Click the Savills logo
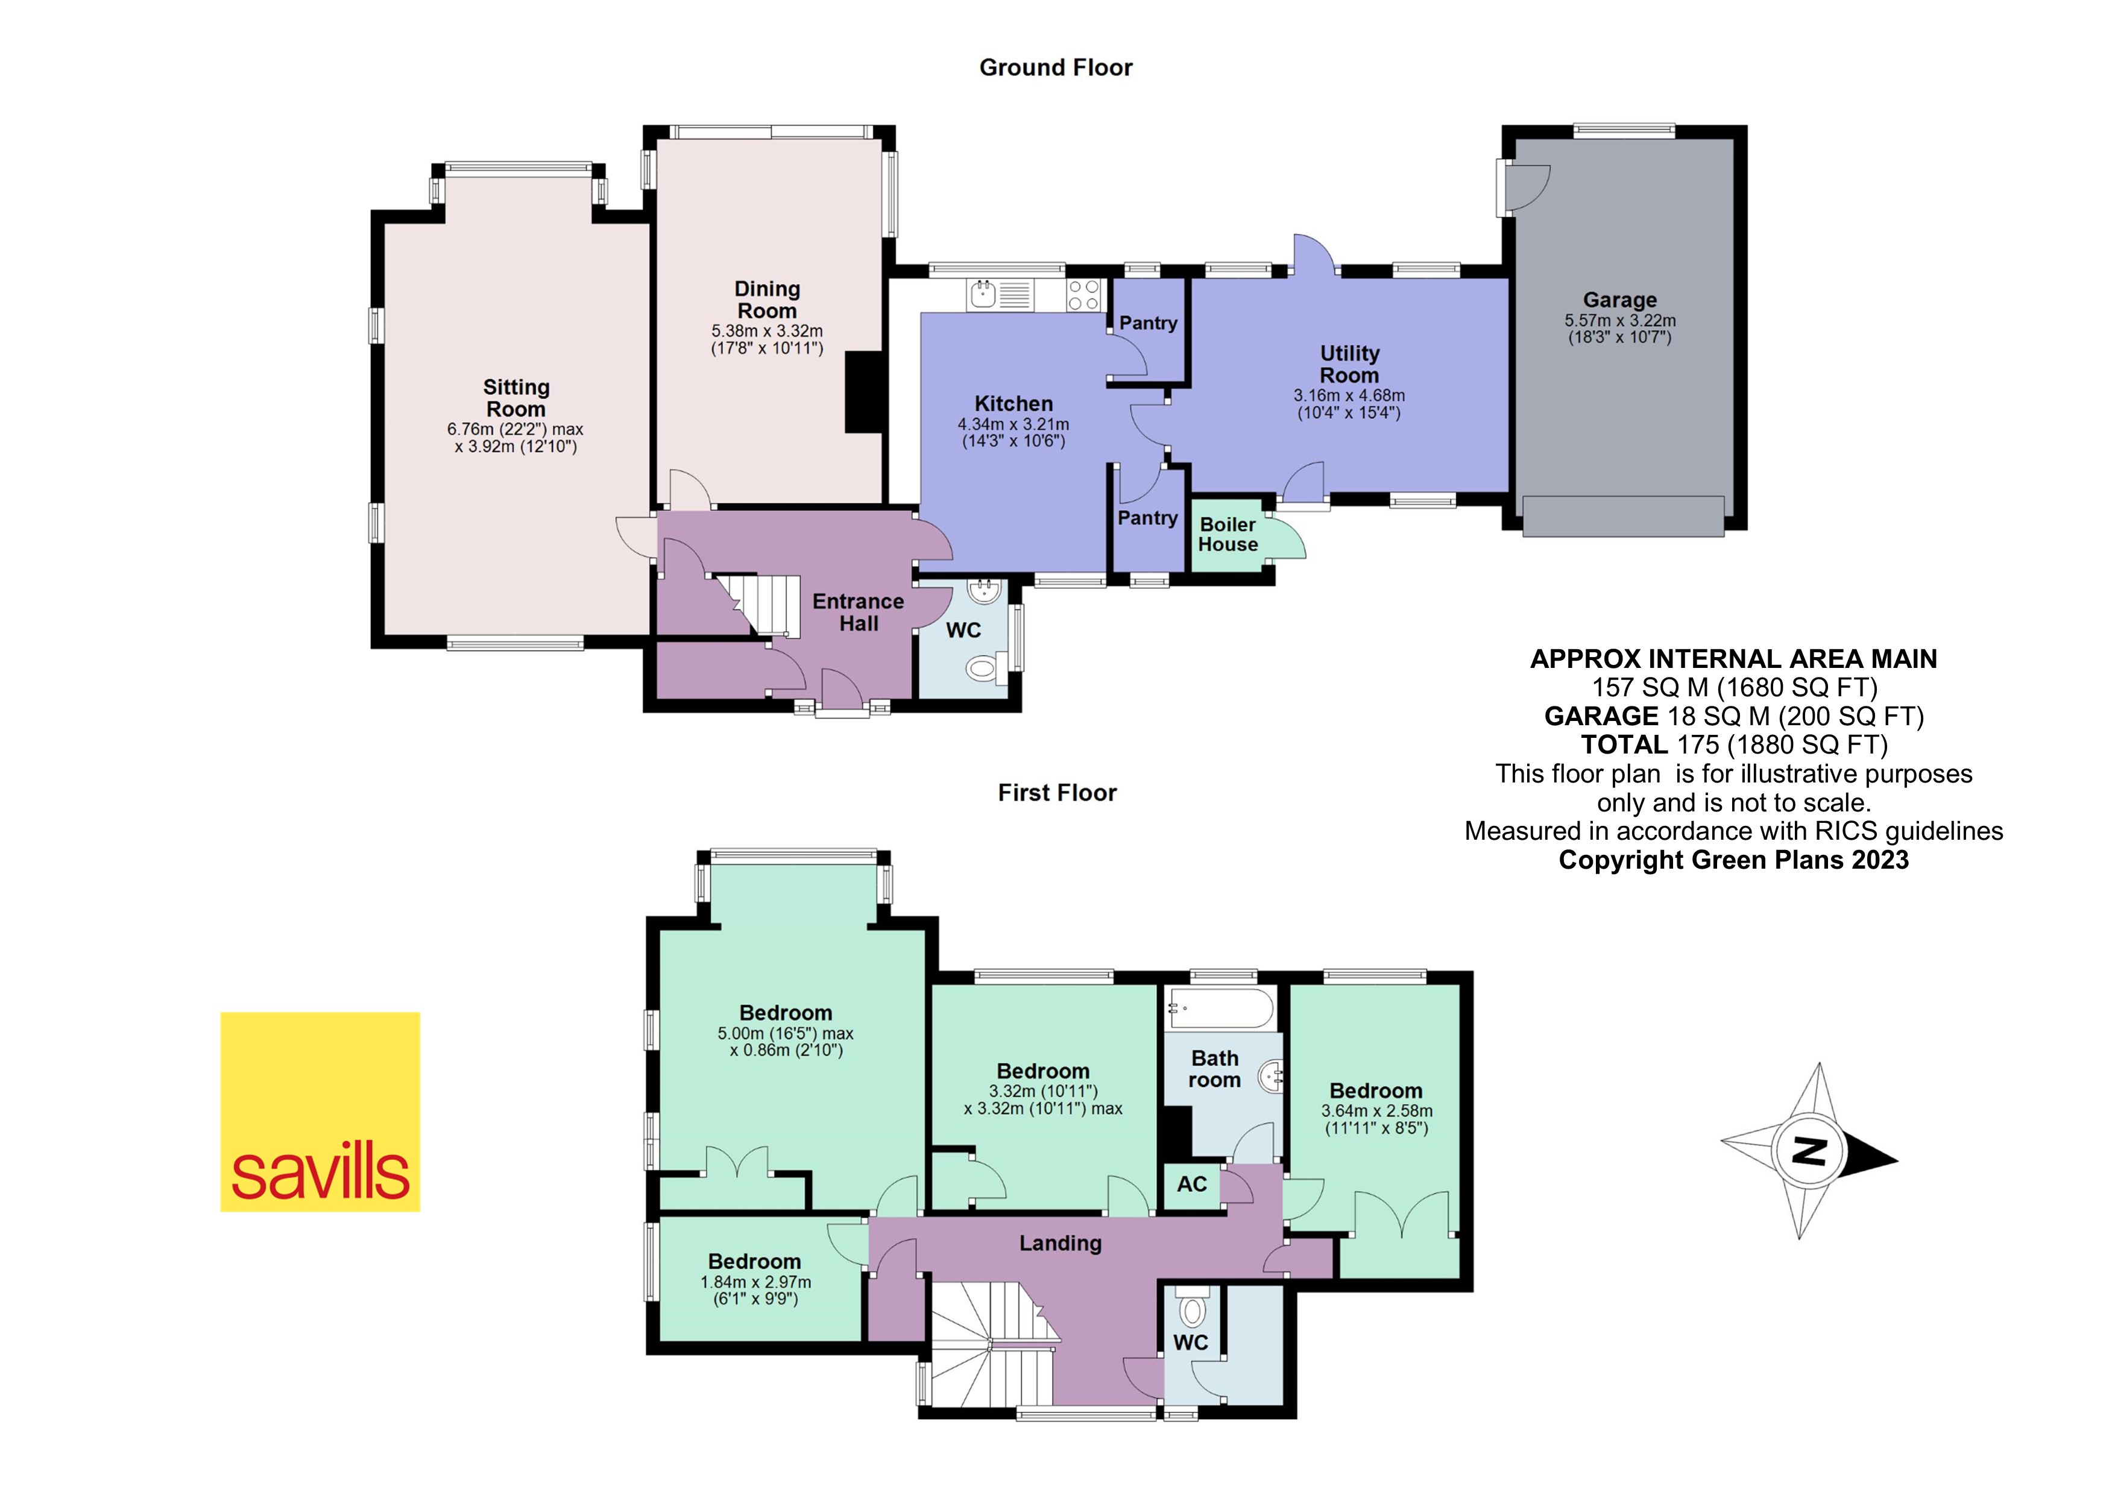point(320,1111)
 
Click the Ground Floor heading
point(1056,68)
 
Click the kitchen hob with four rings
point(1083,295)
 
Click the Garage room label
point(1619,300)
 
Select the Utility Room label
point(1349,364)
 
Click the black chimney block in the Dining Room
point(863,392)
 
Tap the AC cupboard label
point(1191,1184)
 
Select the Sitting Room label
point(516,398)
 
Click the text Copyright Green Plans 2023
point(1733,860)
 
